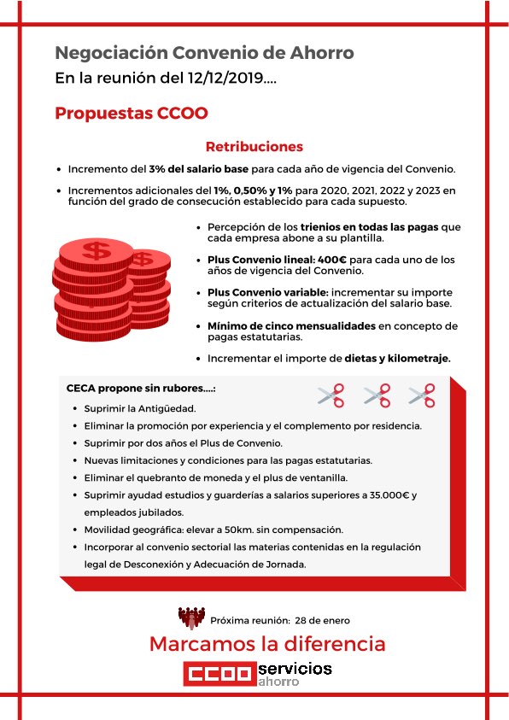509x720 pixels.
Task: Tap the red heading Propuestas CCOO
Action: [132, 114]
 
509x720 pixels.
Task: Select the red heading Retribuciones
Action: [254, 147]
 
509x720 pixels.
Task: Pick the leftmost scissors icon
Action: [331, 395]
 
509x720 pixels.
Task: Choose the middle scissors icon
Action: [377, 395]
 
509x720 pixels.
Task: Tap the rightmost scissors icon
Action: [422, 395]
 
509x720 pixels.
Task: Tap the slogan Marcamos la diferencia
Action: [267, 643]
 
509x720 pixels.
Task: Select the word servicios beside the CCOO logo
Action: [295, 668]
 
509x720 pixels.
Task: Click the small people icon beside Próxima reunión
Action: [191, 617]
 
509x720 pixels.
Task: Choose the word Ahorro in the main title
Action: [318, 53]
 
